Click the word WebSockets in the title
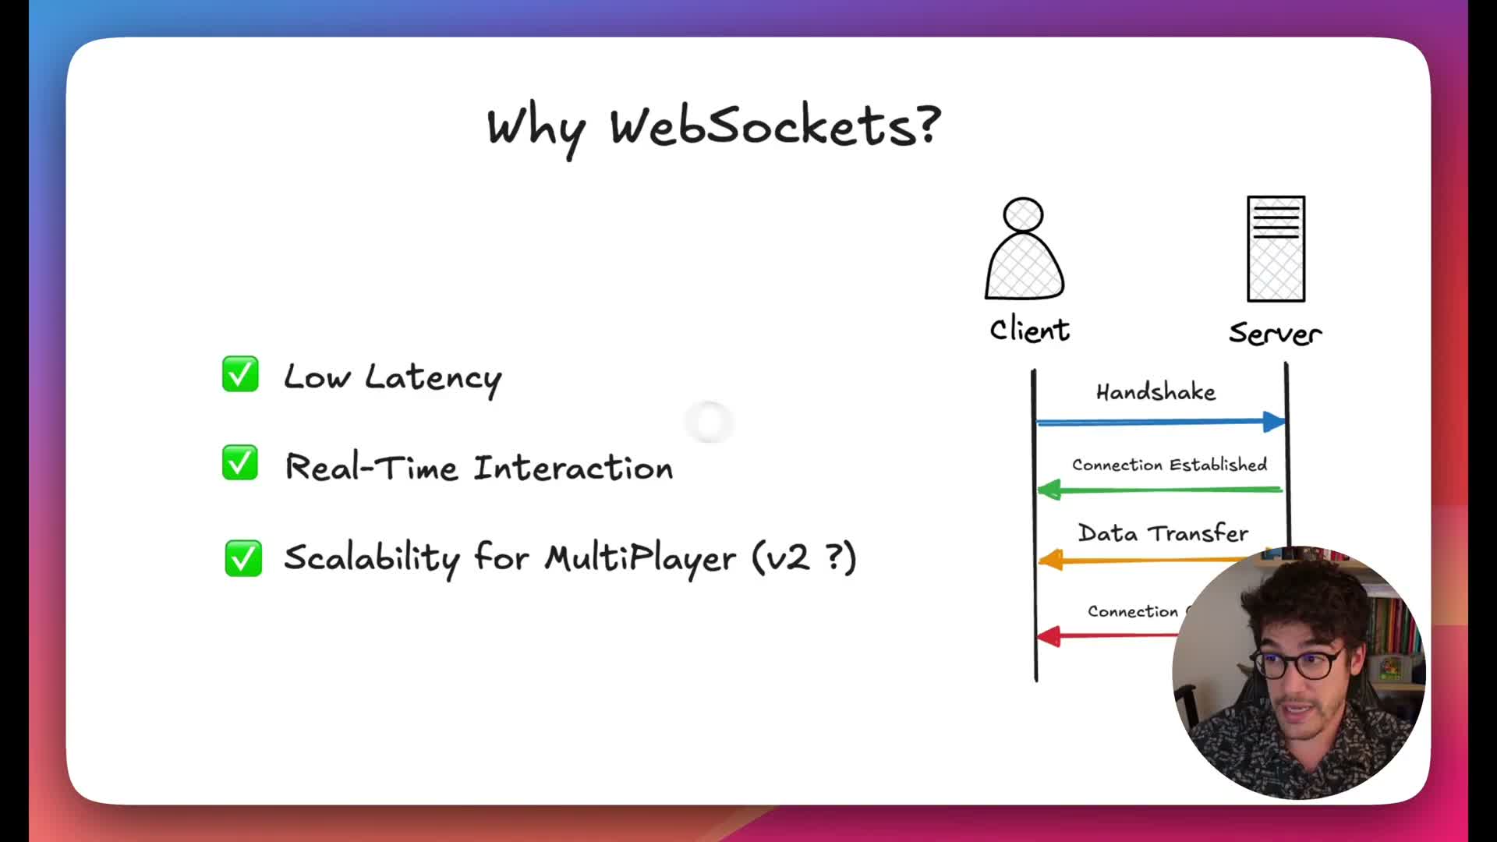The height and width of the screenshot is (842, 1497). (775, 126)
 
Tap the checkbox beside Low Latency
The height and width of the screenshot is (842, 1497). (240, 374)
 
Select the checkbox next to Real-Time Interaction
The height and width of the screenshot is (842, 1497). (240, 463)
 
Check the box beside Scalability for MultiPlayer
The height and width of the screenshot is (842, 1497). (243, 558)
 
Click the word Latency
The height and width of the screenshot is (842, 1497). (434, 379)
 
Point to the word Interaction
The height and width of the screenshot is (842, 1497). (573, 468)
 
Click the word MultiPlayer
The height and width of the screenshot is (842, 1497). (640, 558)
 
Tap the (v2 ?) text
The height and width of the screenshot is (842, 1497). (805, 557)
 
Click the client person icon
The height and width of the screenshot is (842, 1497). (1024, 249)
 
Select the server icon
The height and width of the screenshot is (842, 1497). (1276, 249)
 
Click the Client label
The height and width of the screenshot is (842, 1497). (1029, 331)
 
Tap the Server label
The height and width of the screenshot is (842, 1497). (1275, 334)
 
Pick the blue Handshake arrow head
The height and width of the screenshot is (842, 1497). (1274, 422)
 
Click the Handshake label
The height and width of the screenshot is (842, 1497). (1155, 391)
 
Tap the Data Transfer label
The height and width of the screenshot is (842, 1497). (1163, 533)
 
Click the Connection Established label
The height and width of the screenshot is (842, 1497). (1170, 465)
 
